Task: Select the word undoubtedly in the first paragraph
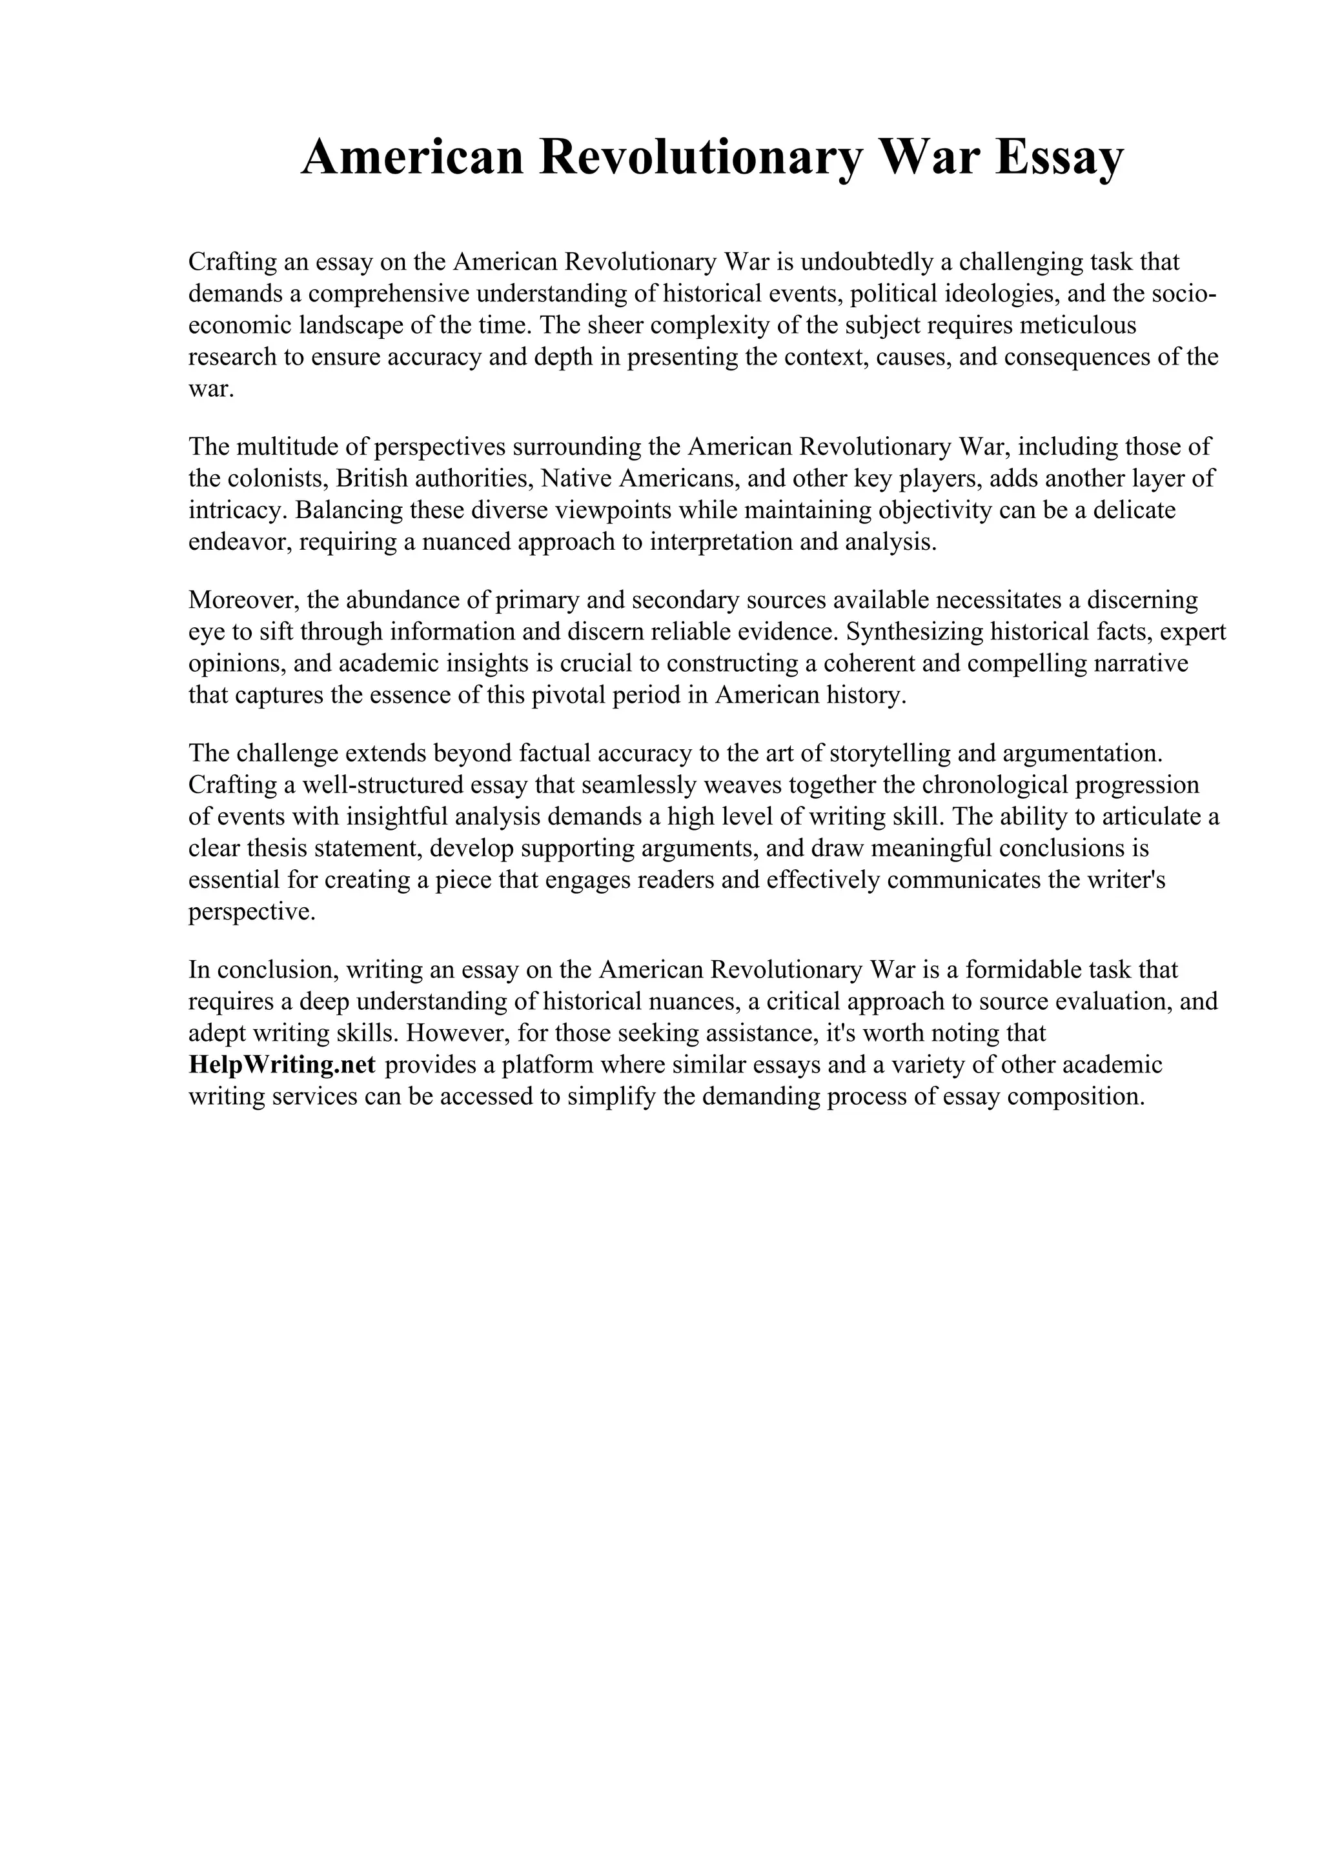coord(869,262)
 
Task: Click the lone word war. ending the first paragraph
coord(211,389)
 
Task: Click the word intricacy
coord(238,510)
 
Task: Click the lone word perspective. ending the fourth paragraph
coord(252,912)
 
